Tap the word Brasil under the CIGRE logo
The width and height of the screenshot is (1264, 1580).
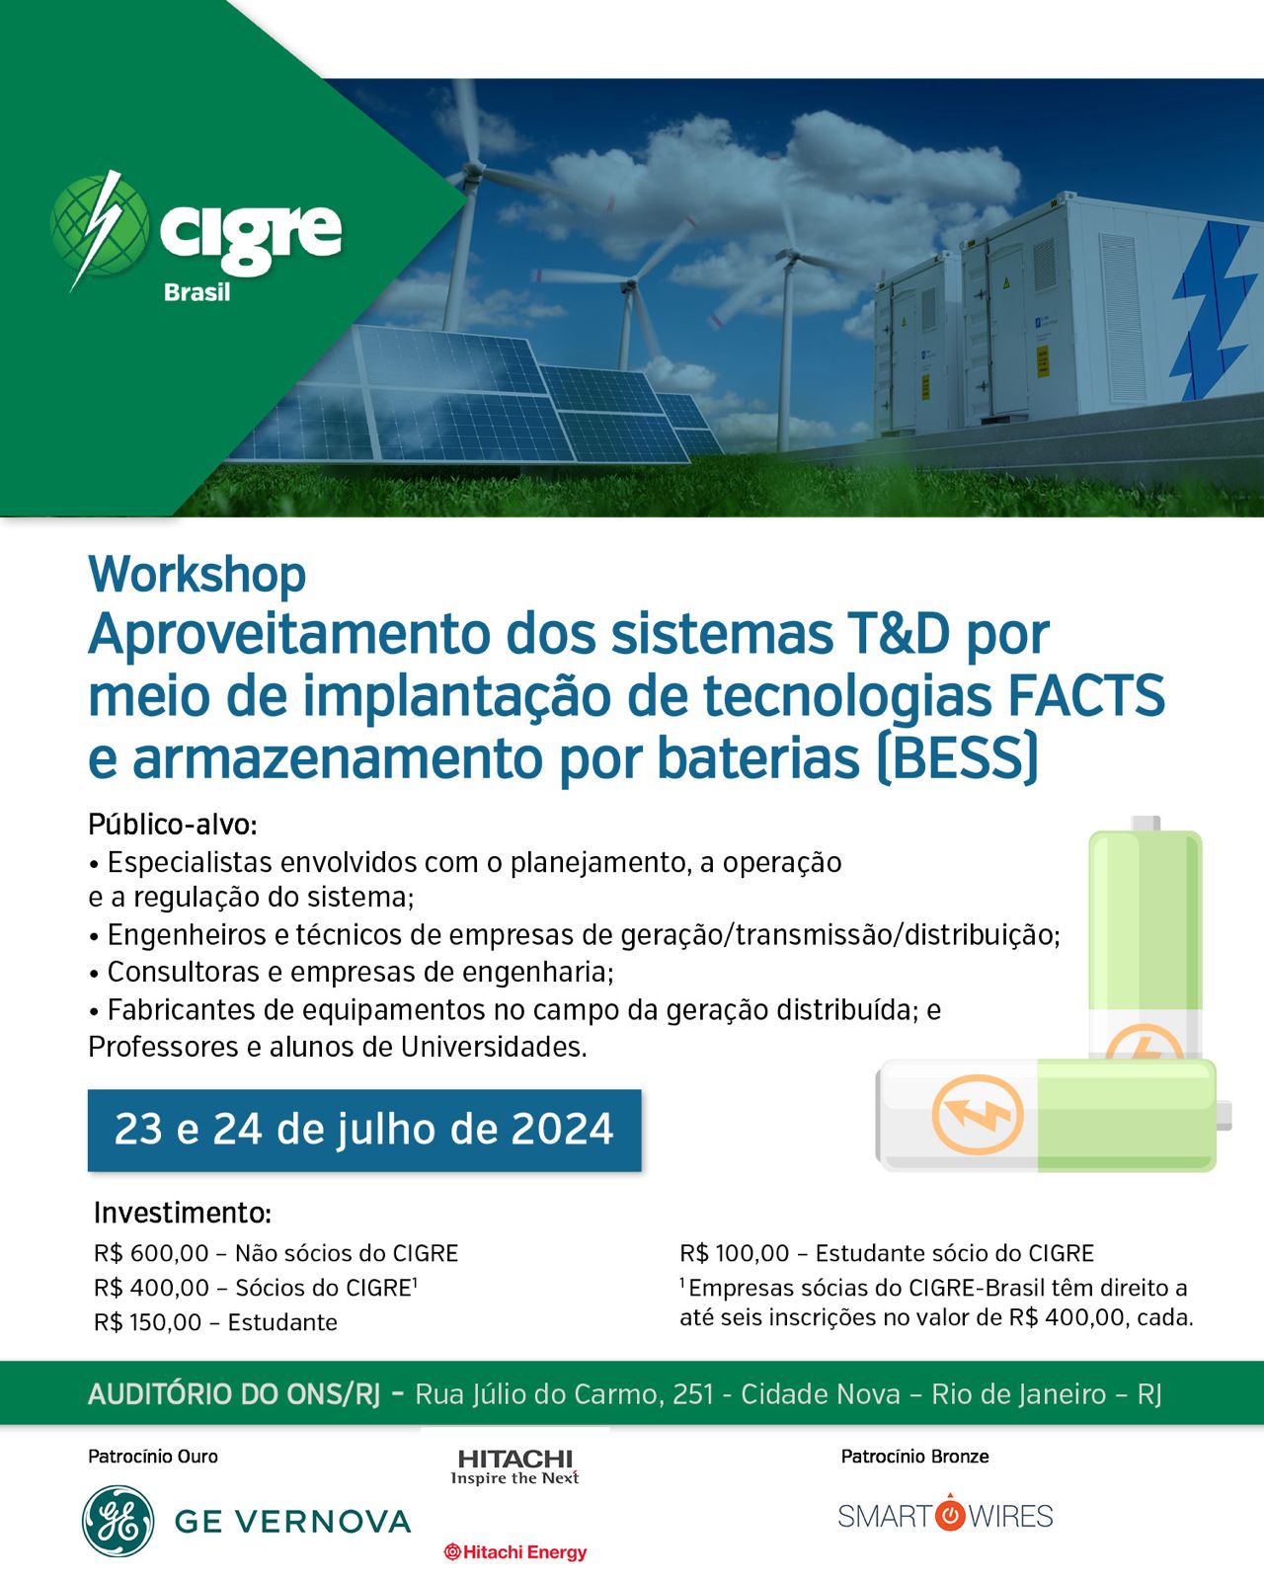pos(197,292)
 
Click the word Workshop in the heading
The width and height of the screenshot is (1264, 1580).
pos(197,575)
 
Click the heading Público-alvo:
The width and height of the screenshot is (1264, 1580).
pos(173,825)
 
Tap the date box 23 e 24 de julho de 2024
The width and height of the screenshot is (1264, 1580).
pos(364,1130)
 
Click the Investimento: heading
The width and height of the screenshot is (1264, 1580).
pos(183,1214)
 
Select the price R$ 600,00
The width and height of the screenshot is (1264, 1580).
pos(151,1253)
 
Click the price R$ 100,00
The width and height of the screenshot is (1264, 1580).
pos(735,1253)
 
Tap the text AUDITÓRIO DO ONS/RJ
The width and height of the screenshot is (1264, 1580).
pos(234,1393)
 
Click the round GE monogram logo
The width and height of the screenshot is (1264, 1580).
pos(118,1522)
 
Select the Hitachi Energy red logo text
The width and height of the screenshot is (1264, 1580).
pos(515,1551)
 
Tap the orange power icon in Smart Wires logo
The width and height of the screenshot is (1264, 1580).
pos(949,1514)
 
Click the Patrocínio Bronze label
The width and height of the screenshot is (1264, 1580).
pos(915,1457)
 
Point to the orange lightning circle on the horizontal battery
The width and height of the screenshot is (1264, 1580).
pos(978,1116)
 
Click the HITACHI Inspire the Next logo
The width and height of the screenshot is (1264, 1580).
pos(514,1467)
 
